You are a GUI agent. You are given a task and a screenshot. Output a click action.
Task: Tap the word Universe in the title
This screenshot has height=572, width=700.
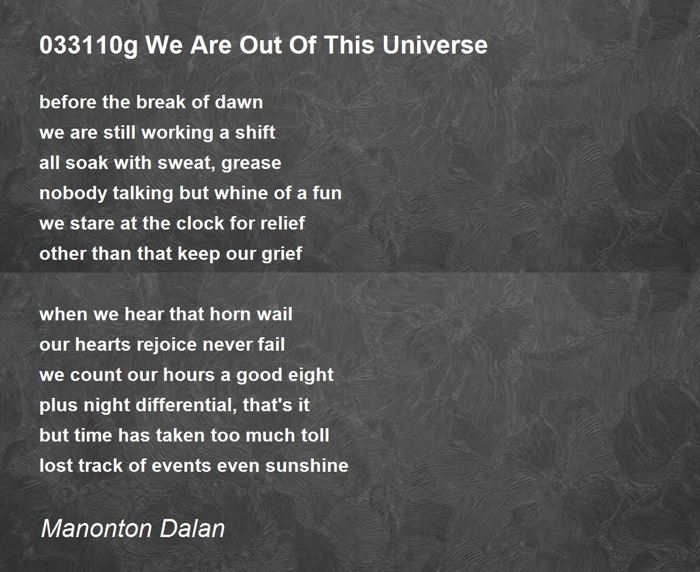[435, 45]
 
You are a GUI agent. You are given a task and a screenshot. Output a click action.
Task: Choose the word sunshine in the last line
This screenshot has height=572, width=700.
[307, 465]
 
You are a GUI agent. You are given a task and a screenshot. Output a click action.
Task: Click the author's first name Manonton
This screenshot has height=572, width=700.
[97, 528]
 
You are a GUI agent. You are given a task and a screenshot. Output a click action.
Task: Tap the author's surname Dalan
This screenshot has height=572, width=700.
[192, 528]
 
